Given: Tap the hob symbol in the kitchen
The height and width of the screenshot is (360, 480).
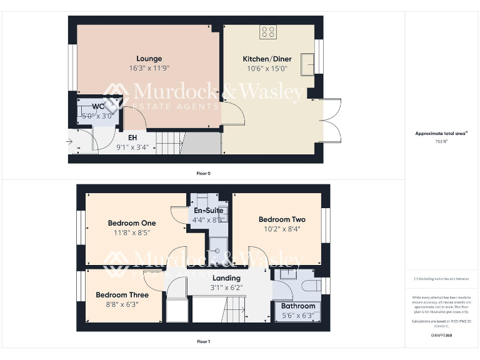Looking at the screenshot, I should [269, 31].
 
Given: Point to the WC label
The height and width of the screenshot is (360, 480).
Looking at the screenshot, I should [98, 106].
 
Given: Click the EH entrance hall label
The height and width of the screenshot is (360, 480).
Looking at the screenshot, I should [132, 137].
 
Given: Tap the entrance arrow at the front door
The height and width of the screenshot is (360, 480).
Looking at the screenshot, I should [70, 142].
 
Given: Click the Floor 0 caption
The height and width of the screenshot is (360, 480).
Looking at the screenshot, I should [203, 172].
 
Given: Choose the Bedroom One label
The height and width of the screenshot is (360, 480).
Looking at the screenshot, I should [132, 223].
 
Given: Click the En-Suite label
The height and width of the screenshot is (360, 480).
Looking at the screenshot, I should [209, 211].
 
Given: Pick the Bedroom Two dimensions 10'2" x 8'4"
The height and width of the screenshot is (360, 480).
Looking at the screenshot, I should [282, 229].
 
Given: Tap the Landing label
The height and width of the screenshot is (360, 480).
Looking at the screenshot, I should [226, 278].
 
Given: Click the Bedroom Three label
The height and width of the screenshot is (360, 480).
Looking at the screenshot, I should [122, 295].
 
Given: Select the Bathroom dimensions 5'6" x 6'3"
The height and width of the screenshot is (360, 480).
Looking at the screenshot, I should [297, 315].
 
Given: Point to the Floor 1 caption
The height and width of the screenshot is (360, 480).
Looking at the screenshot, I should [203, 342].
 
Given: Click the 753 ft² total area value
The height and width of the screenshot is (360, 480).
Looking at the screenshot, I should [442, 142].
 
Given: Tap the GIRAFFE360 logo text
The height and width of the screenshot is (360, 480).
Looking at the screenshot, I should [441, 336].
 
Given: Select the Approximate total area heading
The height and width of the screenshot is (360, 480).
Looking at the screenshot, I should [441, 133].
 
